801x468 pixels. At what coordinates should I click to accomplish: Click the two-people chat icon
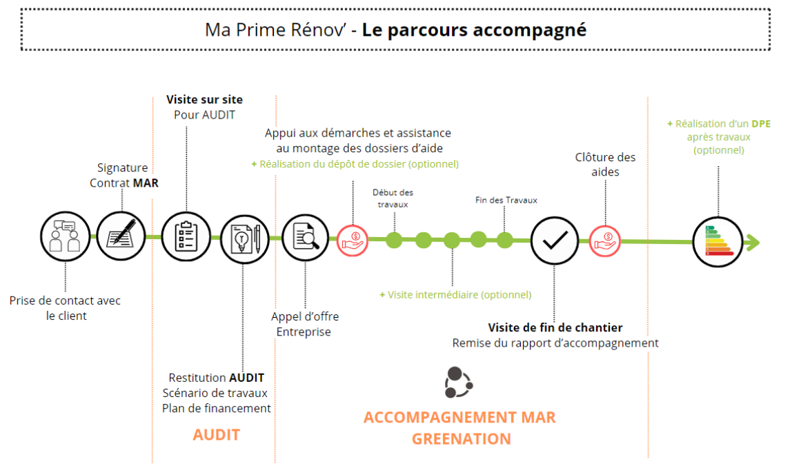66,237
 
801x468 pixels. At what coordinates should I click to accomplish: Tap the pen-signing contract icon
121,237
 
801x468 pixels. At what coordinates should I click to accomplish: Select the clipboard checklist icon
186,237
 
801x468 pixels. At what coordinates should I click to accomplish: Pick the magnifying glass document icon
306,238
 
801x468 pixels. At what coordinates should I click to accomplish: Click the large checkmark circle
555,240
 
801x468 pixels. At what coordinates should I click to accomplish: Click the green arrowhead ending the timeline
753,243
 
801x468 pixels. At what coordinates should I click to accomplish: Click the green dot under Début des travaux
394,241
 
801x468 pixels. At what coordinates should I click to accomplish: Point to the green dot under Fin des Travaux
505,241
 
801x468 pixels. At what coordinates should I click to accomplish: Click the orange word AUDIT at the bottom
216,435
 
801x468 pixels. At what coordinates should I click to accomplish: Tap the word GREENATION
461,439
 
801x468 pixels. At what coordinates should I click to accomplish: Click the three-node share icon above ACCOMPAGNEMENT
458,383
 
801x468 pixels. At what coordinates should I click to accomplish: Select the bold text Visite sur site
204,100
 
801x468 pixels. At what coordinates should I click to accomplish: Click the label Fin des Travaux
506,200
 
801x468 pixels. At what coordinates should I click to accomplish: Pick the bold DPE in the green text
762,124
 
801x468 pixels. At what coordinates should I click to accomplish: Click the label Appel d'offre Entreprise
304,324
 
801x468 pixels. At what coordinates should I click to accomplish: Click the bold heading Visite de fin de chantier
555,327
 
